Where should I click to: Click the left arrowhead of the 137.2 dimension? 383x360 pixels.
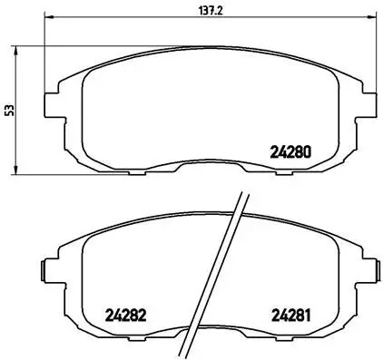coord(48,19)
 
